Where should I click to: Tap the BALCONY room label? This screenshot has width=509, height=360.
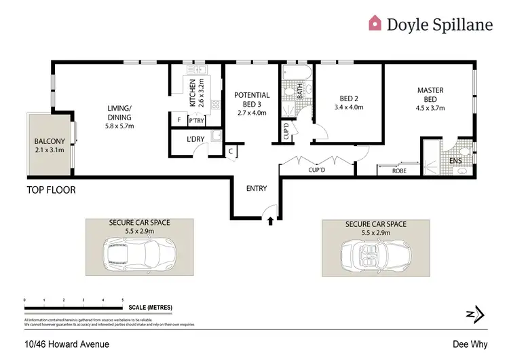point(49,142)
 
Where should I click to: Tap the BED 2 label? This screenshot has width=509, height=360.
point(349,97)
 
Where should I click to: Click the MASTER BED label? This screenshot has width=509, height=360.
point(430,94)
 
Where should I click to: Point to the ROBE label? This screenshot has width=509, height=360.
point(400,170)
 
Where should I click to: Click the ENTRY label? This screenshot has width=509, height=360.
point(257,189)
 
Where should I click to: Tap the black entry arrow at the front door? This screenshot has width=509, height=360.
point(271,220)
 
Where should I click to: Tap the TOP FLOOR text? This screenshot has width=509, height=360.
point(51,190)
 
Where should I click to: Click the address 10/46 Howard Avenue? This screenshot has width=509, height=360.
point(67,344)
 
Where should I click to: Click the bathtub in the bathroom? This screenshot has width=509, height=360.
point(296,72)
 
